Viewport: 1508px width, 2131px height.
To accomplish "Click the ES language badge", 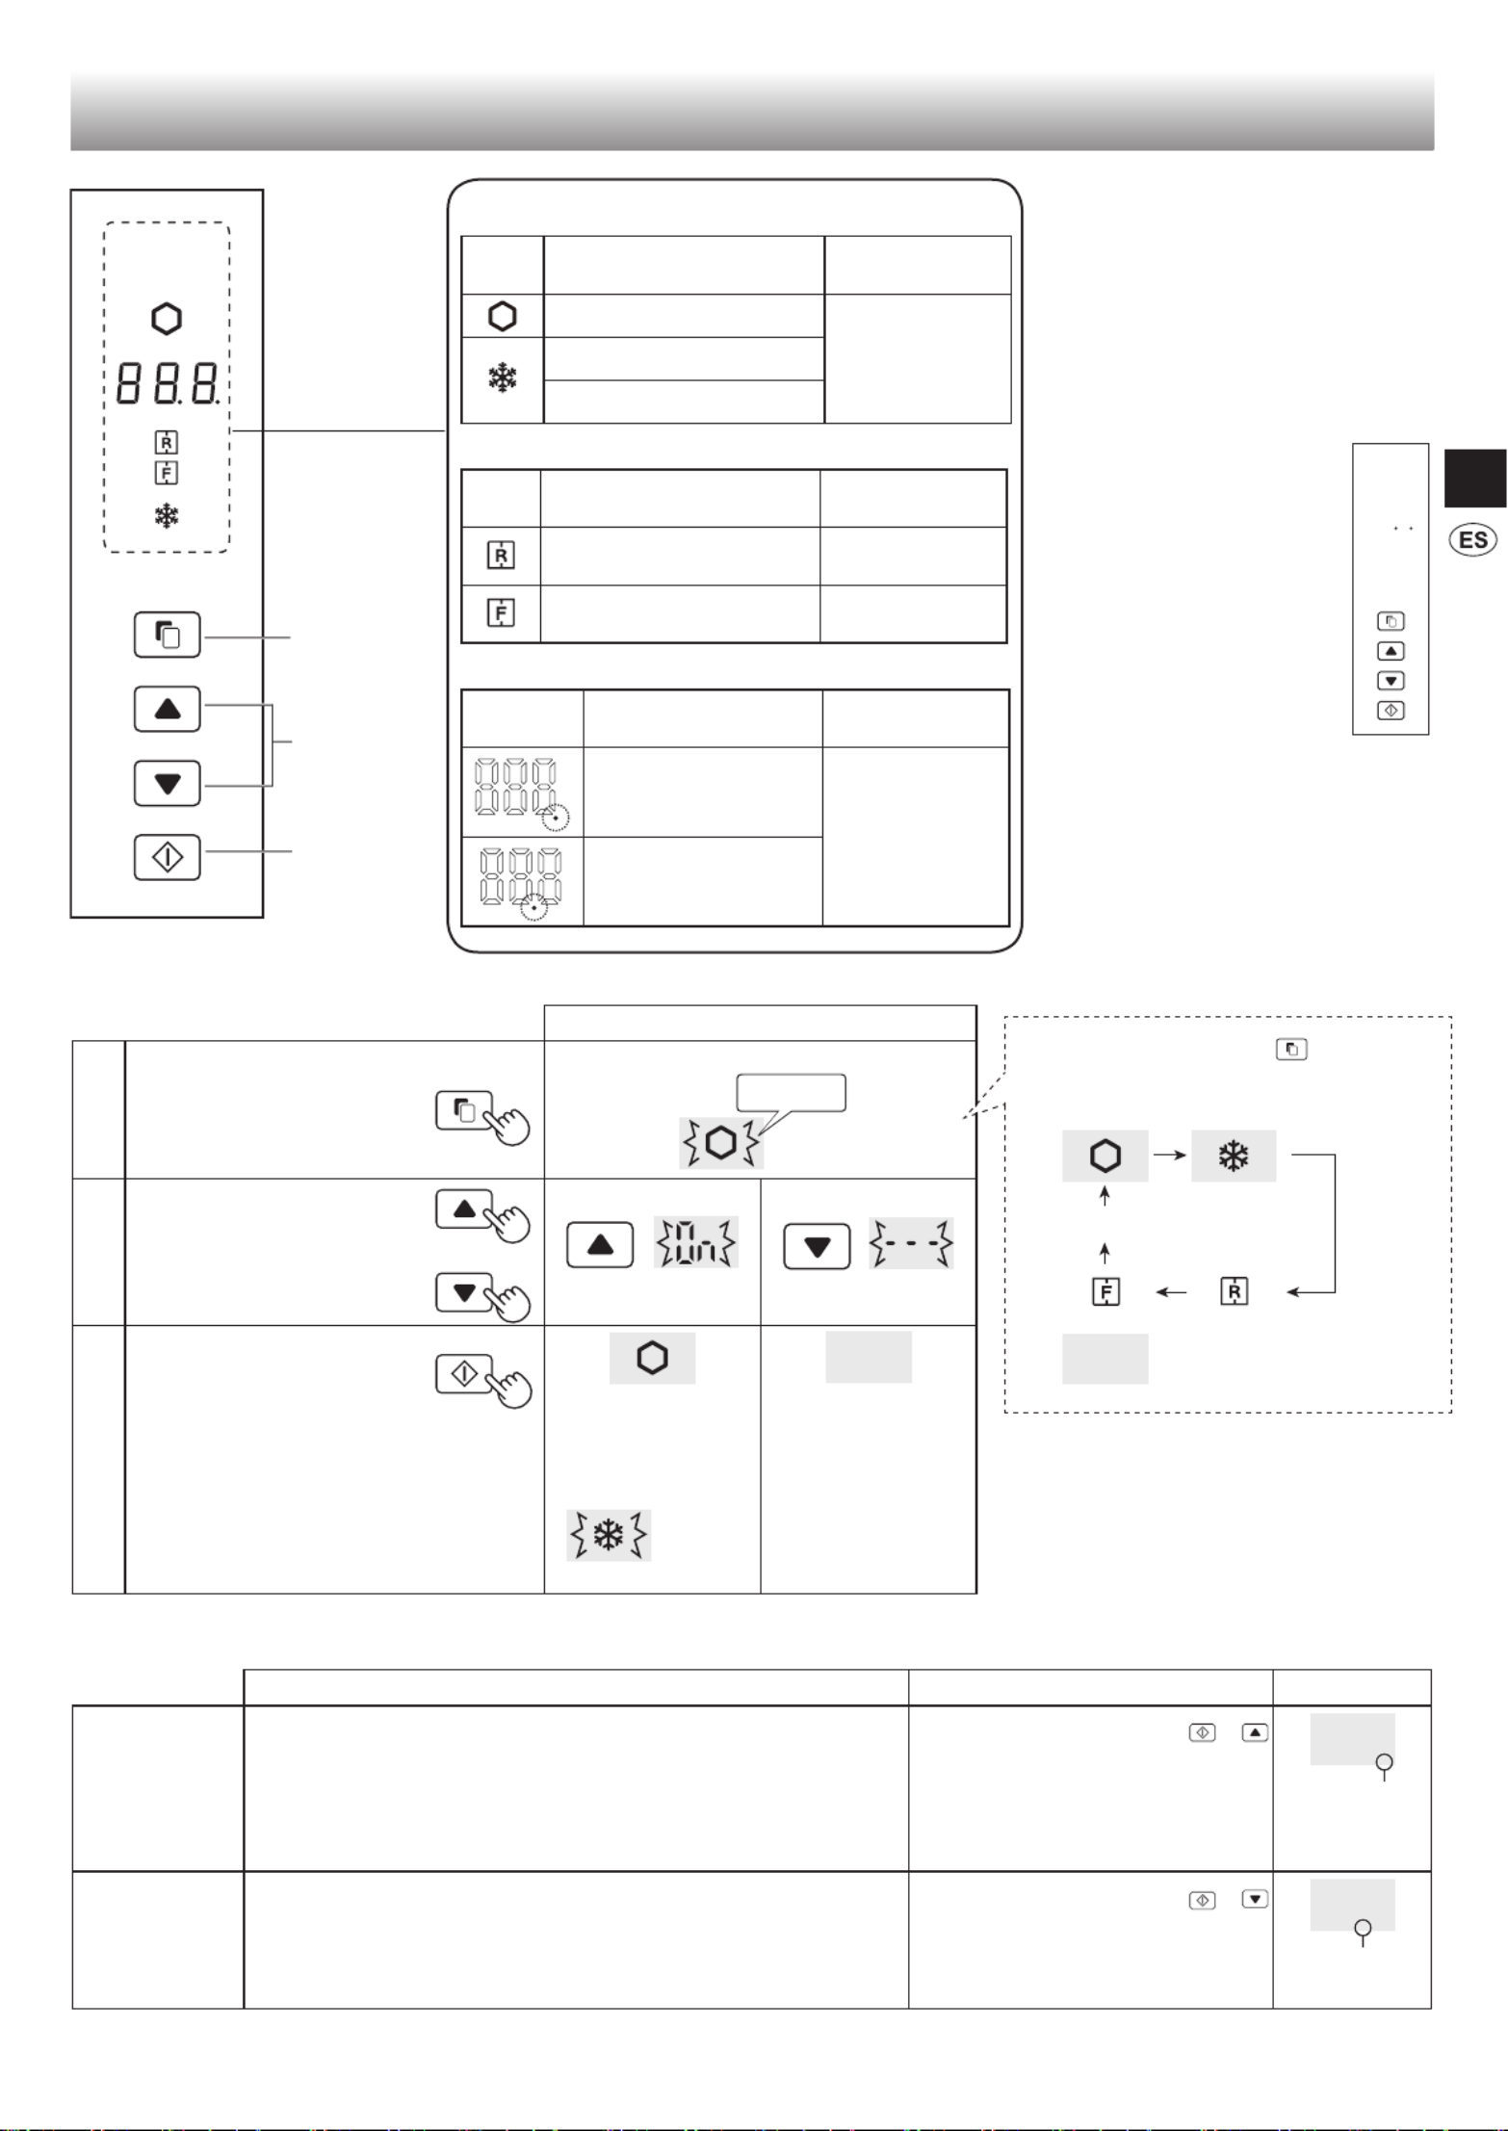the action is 1472,539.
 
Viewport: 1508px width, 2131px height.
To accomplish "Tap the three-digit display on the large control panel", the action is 168,383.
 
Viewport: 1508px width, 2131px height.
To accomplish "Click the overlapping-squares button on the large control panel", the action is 168,635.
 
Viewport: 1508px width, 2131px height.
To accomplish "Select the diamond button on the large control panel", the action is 168,857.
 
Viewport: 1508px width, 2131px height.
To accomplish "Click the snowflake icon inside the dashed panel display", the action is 167,516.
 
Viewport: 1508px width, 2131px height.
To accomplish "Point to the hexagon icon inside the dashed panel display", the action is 167,319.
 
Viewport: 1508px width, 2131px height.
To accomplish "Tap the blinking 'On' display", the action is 696,1242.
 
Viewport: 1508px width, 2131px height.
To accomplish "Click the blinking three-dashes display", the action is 911,1243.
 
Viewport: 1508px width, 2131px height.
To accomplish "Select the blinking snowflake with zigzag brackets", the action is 609,1535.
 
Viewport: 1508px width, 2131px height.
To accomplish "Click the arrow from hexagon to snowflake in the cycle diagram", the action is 1169,1155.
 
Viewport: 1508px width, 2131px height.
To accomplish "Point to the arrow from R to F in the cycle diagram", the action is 1171,1292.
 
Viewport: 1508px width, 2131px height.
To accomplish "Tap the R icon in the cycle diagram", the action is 1234,1291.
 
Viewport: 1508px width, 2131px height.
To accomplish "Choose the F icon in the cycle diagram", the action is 1105,1291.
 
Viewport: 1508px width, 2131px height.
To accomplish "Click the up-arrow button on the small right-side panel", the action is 1391,651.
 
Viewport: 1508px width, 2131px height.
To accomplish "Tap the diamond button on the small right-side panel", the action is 1391,711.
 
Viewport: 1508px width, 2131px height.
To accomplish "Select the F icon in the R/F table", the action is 501,612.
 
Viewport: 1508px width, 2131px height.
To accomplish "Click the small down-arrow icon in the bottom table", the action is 1255,1900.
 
